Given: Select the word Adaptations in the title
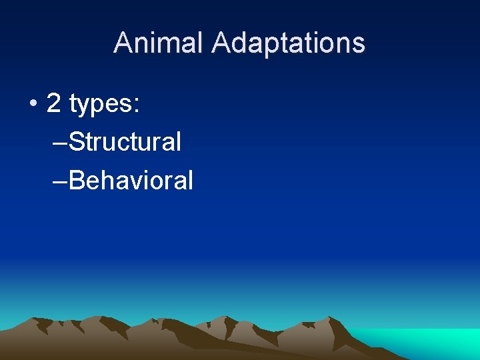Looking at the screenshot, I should (x=289, y=43).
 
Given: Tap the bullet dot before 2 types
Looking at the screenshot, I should (x=33, y=104).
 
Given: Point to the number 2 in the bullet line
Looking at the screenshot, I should (x=54, y=103).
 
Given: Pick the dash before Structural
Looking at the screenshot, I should (x=59, y=143).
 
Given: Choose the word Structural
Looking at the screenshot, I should (x=125, y=141).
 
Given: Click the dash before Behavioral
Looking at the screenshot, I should (x=59, y=181).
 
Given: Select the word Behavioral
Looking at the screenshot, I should (x=131, y=180).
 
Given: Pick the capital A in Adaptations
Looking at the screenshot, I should (x=221, y=43).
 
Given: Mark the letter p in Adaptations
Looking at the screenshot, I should (x=277, y=46).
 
